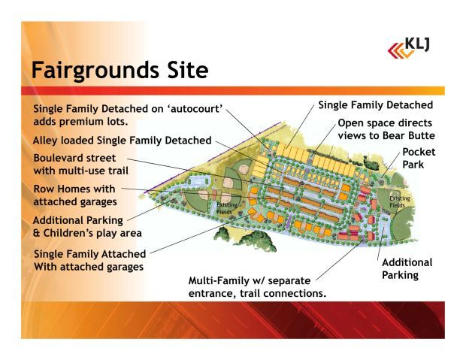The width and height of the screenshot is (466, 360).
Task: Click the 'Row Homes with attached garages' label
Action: point(74,195)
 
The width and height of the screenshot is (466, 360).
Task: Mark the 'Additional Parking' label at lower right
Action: point(407,269)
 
